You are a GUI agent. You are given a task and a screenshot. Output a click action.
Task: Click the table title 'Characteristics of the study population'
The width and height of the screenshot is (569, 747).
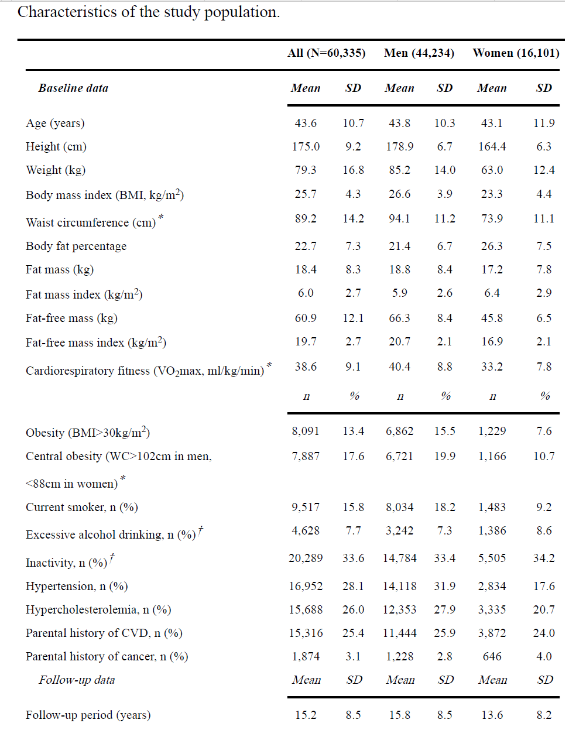click(x=149, y=12)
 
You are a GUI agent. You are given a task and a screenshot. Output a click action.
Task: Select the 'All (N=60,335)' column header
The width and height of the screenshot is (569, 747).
click(x=327, y=53)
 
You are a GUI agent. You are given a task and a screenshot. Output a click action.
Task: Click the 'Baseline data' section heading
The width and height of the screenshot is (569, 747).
click(x=73, y=88)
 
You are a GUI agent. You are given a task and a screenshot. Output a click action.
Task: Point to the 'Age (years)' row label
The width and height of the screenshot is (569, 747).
click(x=55, y=124)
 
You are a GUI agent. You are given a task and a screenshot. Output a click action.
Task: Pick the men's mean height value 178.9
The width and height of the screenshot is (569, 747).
click(x=399, y=147)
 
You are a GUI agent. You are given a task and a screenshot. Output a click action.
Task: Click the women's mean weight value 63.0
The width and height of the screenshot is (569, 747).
click(x=492, y=170)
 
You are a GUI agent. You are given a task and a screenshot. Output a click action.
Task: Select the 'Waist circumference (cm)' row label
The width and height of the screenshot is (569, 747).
click(x=91, y=222)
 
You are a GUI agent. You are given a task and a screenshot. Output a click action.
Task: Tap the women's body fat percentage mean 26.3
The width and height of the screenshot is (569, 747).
click(x=492, y=246)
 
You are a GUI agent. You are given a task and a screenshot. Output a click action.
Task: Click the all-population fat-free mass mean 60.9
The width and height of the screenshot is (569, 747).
click(x=306, y=318)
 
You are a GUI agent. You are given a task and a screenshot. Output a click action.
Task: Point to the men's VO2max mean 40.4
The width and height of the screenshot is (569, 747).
click(x=399, y=367)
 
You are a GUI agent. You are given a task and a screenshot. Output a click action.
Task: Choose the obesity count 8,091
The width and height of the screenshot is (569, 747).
click(x=306, y=431)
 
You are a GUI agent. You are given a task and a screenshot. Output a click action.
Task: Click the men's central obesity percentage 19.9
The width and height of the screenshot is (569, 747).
click(x=444, y=457)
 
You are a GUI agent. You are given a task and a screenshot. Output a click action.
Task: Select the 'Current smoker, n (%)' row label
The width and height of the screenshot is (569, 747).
click(x=82, y=508)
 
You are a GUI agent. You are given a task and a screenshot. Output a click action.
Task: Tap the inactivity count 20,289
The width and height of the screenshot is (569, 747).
click(x=306, y=558)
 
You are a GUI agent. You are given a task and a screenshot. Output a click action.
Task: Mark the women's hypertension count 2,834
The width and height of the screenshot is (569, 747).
click(x=492, y=587)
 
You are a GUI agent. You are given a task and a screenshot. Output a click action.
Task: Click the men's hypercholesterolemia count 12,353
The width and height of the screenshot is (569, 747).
click(x=399, y=610)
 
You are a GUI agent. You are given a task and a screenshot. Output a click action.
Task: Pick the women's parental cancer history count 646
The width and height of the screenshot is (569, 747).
click(x=492, y=657)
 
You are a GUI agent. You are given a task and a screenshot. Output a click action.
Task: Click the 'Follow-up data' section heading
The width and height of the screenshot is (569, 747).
click(x=77, y=680)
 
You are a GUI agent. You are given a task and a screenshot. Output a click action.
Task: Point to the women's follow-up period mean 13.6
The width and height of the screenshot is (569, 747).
click(x=492, y=715)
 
